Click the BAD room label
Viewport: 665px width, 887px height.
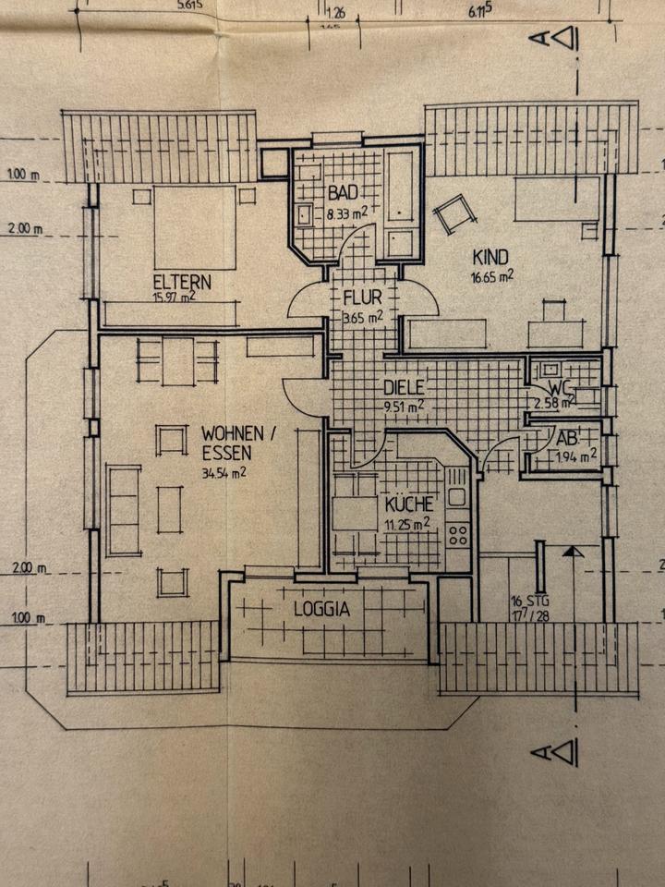(342, 193)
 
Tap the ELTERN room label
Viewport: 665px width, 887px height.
(183, 282)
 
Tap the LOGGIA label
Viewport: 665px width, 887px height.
(321, 609)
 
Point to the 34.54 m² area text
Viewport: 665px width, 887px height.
(226, 473)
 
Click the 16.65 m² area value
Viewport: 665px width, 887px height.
(492, 274)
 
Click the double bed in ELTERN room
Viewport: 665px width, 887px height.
(194, 226)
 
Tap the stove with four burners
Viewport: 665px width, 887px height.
(458, 534)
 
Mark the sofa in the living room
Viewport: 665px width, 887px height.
(124, 510)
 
